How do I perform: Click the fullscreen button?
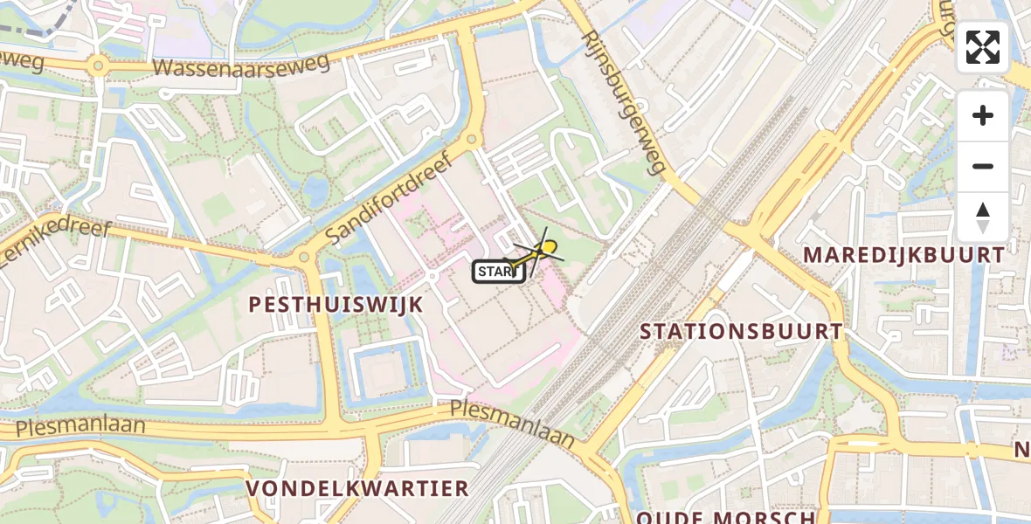click(983, 47)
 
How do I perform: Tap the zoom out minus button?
click(983, 167)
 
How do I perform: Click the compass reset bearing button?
click(983, 217)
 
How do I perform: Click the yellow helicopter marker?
click(547, 249)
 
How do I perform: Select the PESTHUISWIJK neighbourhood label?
click(336, 305)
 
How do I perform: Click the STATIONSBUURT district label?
click(742, 332)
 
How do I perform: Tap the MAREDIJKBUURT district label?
click(904, 255)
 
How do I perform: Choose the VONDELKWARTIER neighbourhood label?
click(357, 487)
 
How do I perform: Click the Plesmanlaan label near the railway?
click(513, 424)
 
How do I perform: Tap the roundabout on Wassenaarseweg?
click(98, 65)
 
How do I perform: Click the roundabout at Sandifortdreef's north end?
click(472, 139)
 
